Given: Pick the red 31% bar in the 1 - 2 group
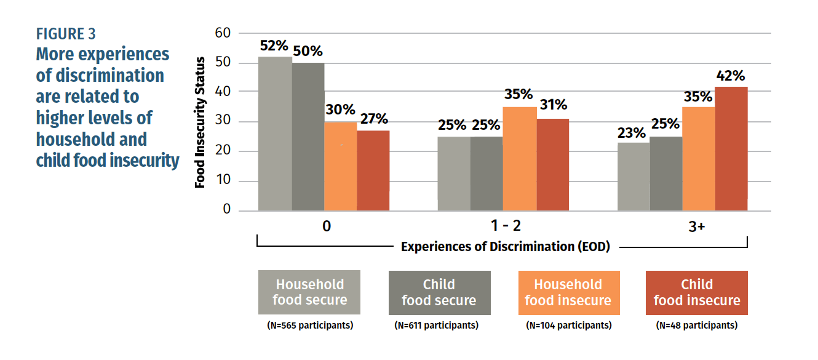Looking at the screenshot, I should click(x=552, y=165).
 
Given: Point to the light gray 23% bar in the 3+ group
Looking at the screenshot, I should click(x=633, y=177).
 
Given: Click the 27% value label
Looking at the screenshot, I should click(x=373, y=119).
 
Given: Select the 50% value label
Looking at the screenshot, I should click(x=308, y=52).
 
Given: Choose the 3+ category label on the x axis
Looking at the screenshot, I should click(x=697, y=226).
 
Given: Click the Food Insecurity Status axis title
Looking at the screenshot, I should click(x=200, y=122).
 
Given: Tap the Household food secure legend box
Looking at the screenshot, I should click(x=309, y=292).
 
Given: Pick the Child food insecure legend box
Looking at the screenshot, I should click(x=696, y=292).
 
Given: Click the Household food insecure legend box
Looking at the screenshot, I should click(x=568, y=292).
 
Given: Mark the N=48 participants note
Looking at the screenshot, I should click(x=696, y=325).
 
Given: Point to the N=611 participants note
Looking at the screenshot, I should click(x=439, y=325).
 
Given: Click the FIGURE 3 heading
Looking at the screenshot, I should click(x=66, y=33).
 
